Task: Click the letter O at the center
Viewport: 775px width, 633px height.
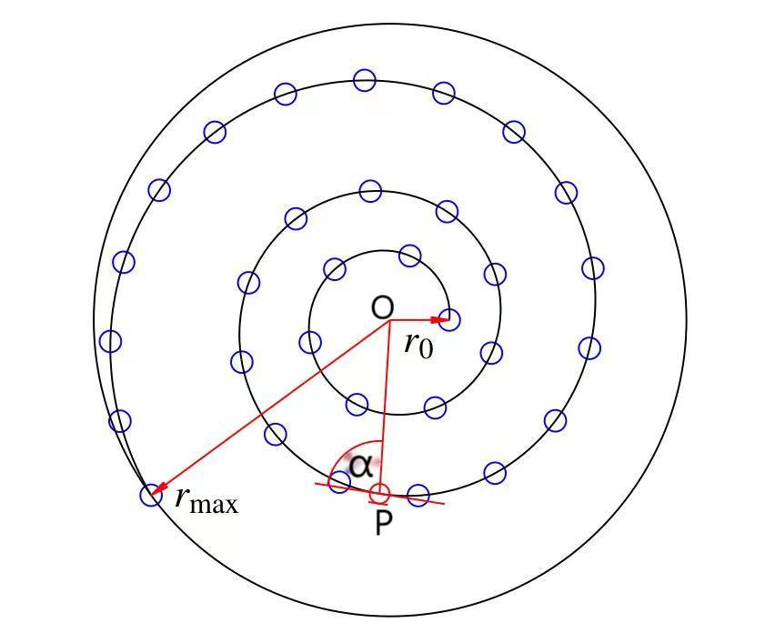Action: (382, 307)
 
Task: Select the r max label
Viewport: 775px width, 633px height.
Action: (206, 499)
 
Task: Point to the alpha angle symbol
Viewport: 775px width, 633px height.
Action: (361, 466)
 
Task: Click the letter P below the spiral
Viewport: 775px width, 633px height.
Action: (384, 524)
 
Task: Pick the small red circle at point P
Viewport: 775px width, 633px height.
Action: (379, 493)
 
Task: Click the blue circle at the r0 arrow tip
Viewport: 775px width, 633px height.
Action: (449, 320)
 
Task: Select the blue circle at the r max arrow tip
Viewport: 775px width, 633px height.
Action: (151, 495)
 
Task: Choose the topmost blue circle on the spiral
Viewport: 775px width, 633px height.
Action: (365, 80)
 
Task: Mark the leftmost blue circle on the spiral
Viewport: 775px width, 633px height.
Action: (110, 341)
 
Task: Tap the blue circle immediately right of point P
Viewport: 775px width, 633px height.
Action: (418, 496)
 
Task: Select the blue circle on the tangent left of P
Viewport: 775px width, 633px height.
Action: (339, 482)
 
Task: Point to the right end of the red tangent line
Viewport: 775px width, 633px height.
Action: (444, 503)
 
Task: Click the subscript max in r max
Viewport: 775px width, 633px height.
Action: (217, 505)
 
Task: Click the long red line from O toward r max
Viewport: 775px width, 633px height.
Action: (273, 406)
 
